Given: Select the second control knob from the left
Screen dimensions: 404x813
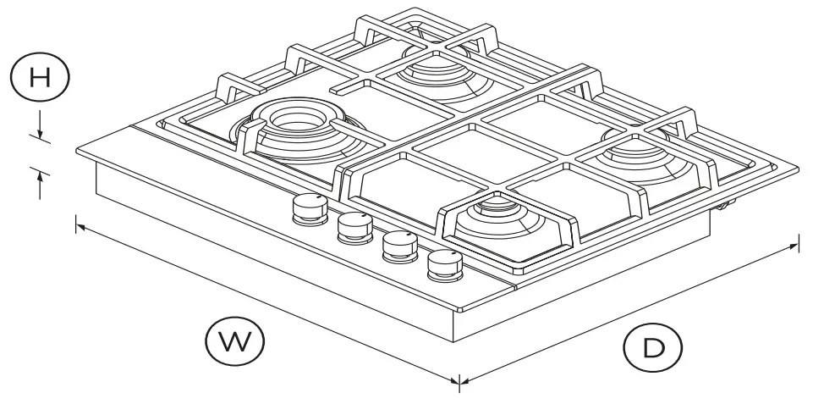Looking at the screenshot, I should coord(354,226).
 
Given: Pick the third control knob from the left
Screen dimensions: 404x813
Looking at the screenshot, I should coord(398,246).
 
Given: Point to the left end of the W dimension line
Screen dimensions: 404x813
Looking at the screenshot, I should coord(77,224).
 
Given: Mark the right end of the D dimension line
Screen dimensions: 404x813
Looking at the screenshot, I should coord(796,246).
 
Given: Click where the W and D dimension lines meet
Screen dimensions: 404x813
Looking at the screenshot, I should coord(459,380).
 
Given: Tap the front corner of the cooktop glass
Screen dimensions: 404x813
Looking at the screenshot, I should coord(461,309).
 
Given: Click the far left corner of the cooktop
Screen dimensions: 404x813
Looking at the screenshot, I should coord(76,152).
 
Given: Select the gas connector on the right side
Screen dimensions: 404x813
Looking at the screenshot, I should coord(726,204).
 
